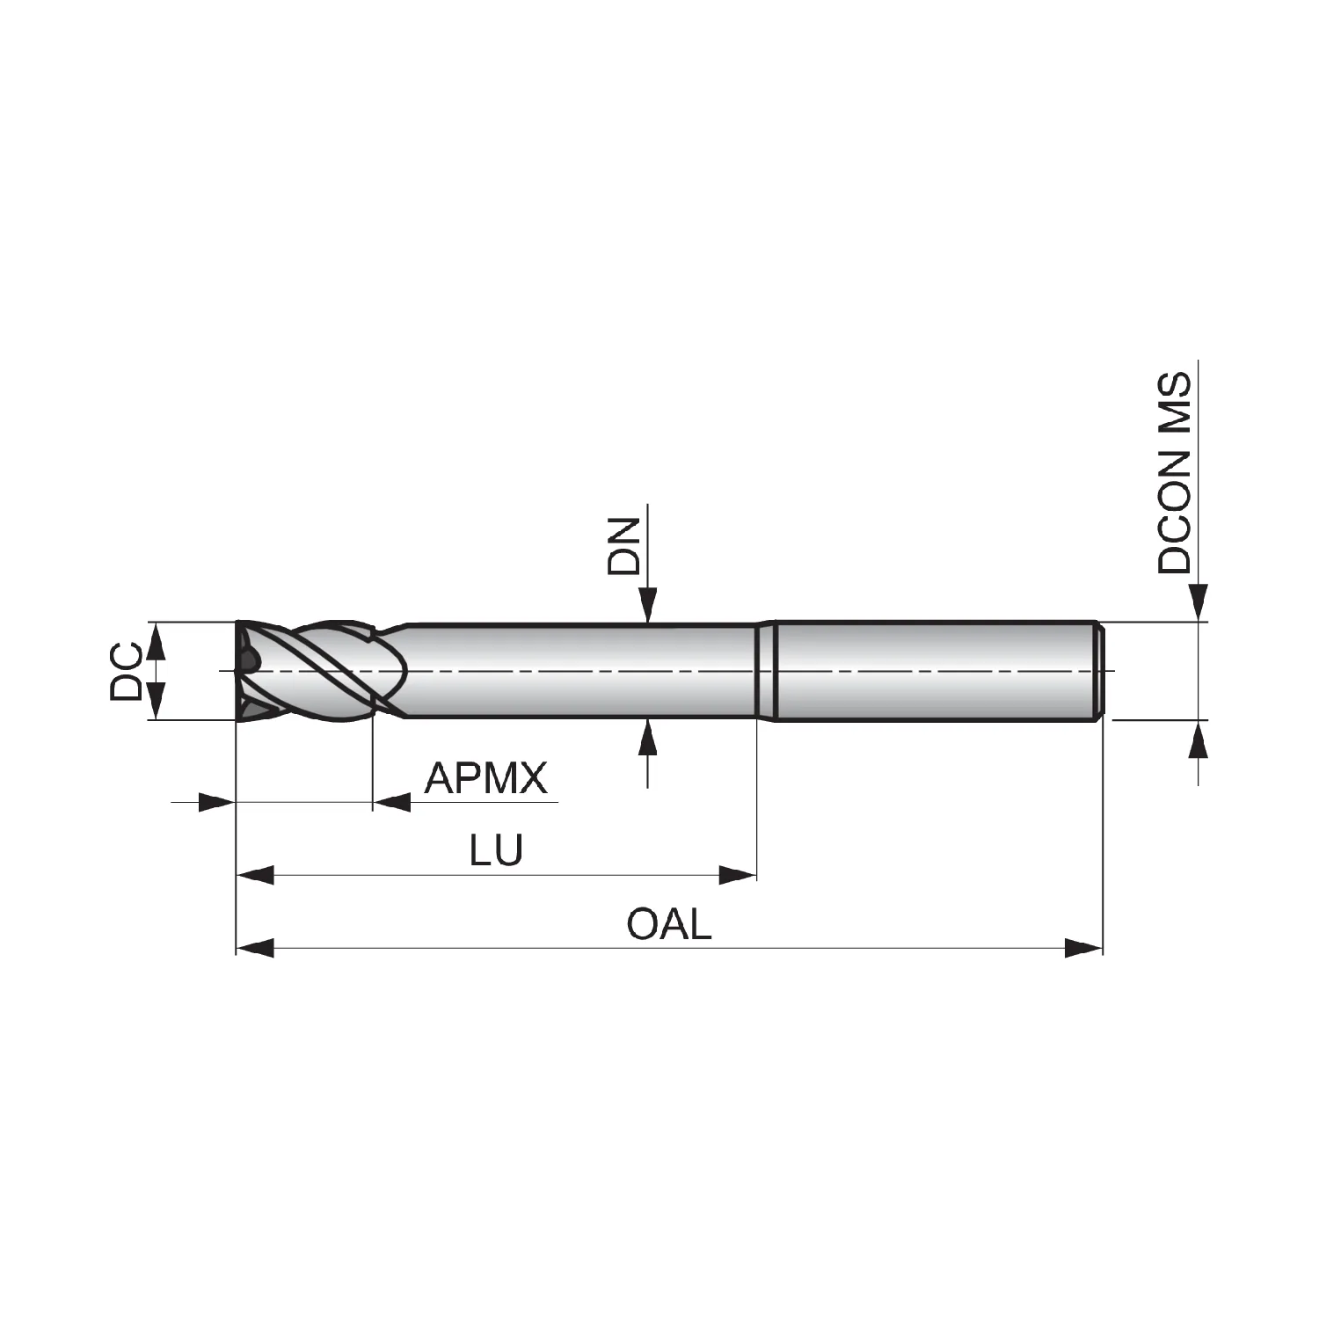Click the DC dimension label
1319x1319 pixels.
click(x=126, y=671)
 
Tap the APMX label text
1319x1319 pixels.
click(x=486, y=777)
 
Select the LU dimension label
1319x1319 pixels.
click(x=496, y=850)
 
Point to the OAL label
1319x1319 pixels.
click(x=668, y=923)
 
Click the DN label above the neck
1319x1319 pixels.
click(x=624, y=546)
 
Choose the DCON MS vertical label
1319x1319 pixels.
click(x=1174, y=473)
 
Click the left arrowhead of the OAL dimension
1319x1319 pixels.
click(x=255, y=948)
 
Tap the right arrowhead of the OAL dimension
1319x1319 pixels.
click(x=1083, y=948)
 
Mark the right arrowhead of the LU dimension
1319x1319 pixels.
click(x=738, y=875)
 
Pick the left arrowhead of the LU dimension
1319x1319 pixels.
click(x=255, y=875)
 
